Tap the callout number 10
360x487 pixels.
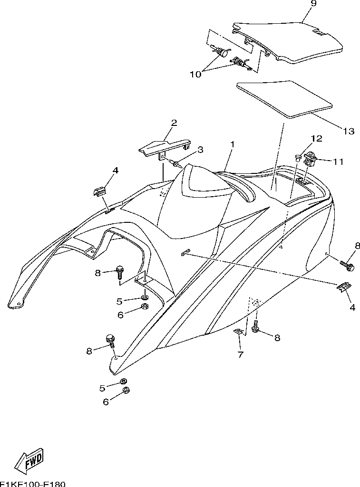(196, 74)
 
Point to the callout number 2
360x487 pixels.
(174, 123)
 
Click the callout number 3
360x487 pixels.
(200, 150)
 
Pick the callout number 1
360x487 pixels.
(233, 143)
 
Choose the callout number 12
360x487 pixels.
(316, 139)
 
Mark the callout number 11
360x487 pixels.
(338, 162)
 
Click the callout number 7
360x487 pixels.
(241, 354)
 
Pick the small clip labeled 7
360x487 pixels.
(239, 332)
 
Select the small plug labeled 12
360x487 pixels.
(296, 156)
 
